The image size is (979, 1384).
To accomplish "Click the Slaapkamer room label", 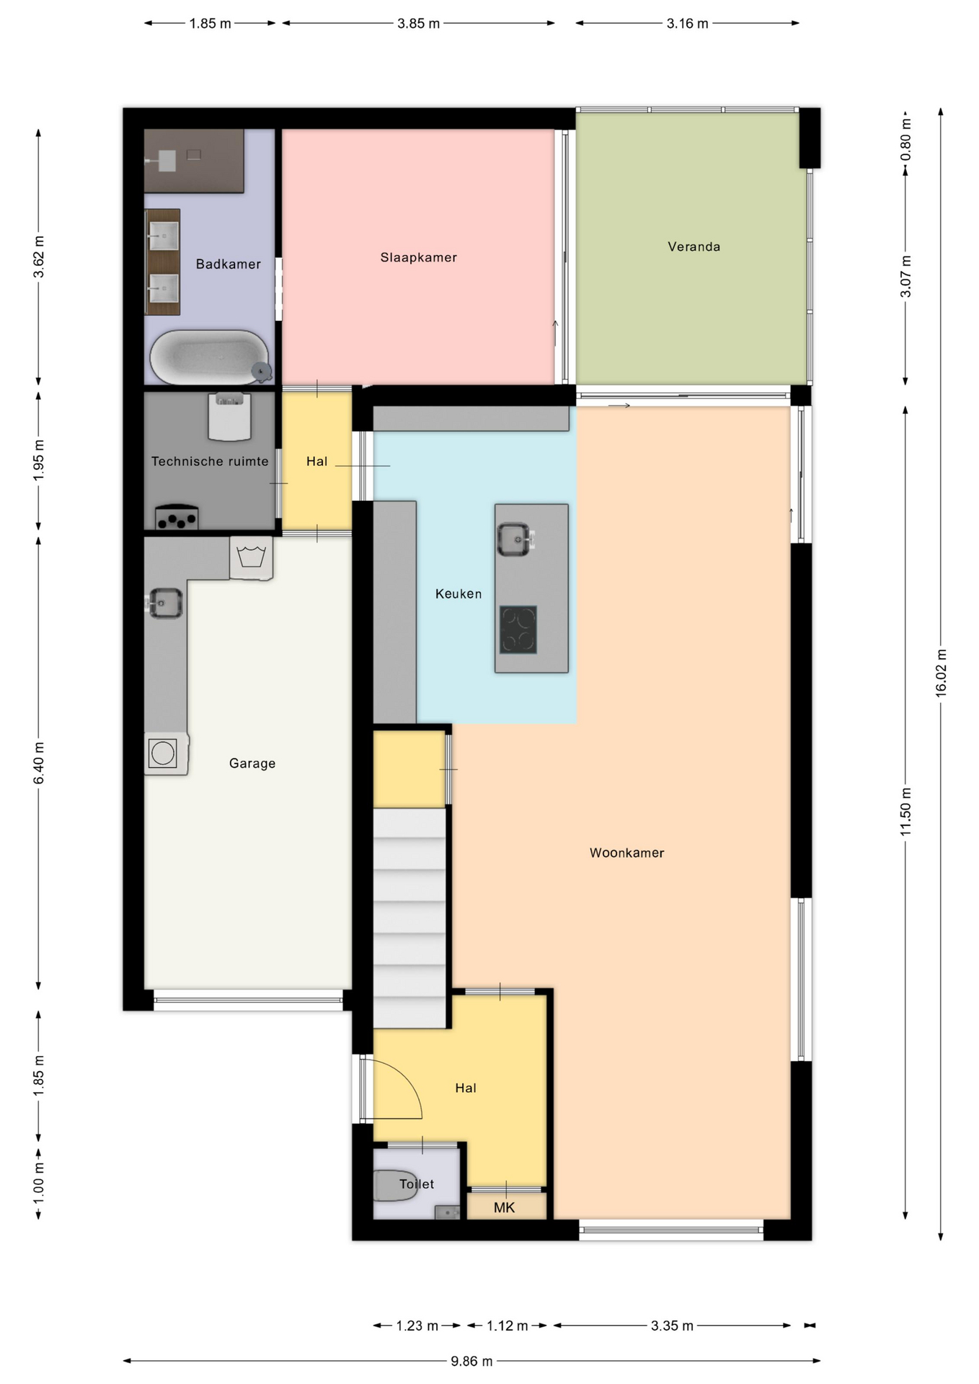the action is coord(418,257).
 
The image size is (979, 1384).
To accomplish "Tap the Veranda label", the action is coord(694,247).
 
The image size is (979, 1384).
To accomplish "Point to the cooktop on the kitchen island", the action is coord(518,629).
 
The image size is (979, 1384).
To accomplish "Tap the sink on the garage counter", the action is coord(165,602).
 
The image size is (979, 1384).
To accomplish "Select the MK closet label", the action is coord(505,1207).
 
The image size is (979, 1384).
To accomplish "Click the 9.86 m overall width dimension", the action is coord(471,1361).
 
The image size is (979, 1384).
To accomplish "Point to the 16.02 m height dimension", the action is coord(941,673).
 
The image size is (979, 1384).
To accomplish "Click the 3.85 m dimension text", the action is coord(418,23).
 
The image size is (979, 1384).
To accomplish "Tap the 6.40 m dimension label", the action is coord(39,763).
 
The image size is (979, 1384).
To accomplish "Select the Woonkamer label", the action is coord(626,853).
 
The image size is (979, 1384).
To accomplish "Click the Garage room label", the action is coord(252,763).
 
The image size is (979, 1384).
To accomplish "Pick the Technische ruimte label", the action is coord(210,461).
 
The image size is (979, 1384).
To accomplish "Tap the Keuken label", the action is coord(459,594).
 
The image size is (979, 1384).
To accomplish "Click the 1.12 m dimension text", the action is coord(508,1326).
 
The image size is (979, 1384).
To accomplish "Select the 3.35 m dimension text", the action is coord(672,1326).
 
